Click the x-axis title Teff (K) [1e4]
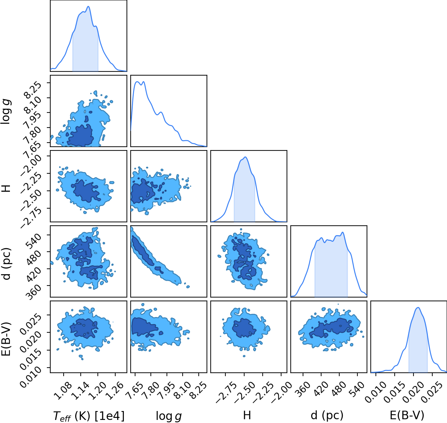(x=89, y=416)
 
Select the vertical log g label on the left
(x=6, y=112)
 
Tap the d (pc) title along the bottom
(x=327, y=415)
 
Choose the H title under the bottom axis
(x=247, y=415)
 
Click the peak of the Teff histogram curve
(x=89, y=6)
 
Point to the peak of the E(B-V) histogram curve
(x=418, y=308)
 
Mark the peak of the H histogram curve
(x=245, y=157)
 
